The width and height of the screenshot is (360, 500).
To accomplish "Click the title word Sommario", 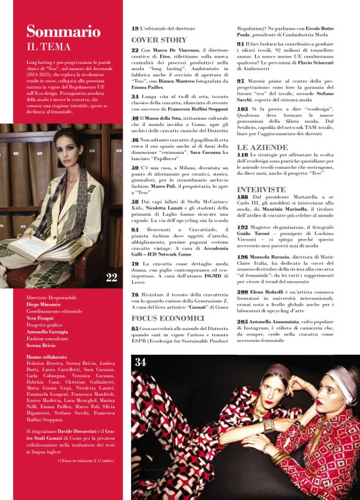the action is (x=63, y=32).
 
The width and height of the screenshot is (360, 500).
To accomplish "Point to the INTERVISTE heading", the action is (x=261, y=189).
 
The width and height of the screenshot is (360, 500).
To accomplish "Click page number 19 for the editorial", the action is (x=135, y=29).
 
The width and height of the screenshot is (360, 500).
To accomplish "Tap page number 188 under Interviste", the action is (x=243, y=196).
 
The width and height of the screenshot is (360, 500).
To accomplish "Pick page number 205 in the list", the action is (x=243, y=321).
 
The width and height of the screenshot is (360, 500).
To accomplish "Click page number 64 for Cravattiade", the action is (x=135, y=229).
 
